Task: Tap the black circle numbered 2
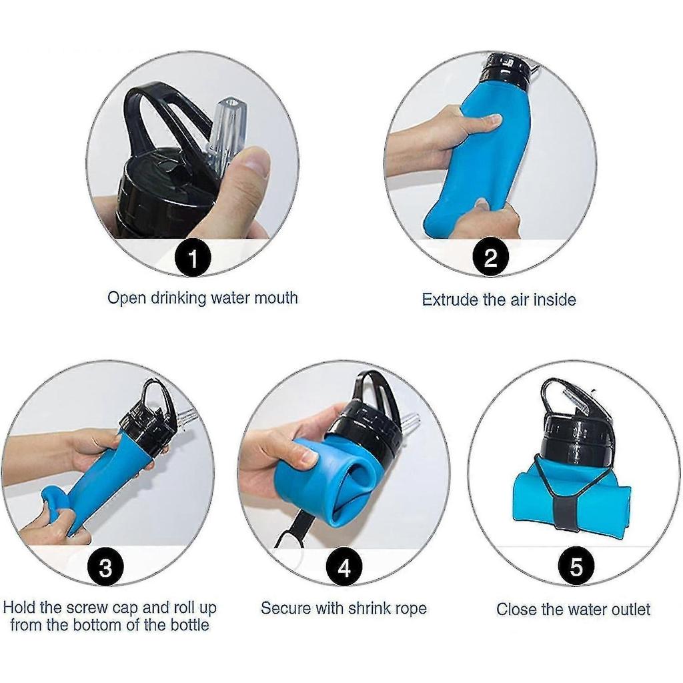coord(490,258)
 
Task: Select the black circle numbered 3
coord(106,568)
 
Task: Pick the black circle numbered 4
coord(344,568)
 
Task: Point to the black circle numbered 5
coord(576,568)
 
